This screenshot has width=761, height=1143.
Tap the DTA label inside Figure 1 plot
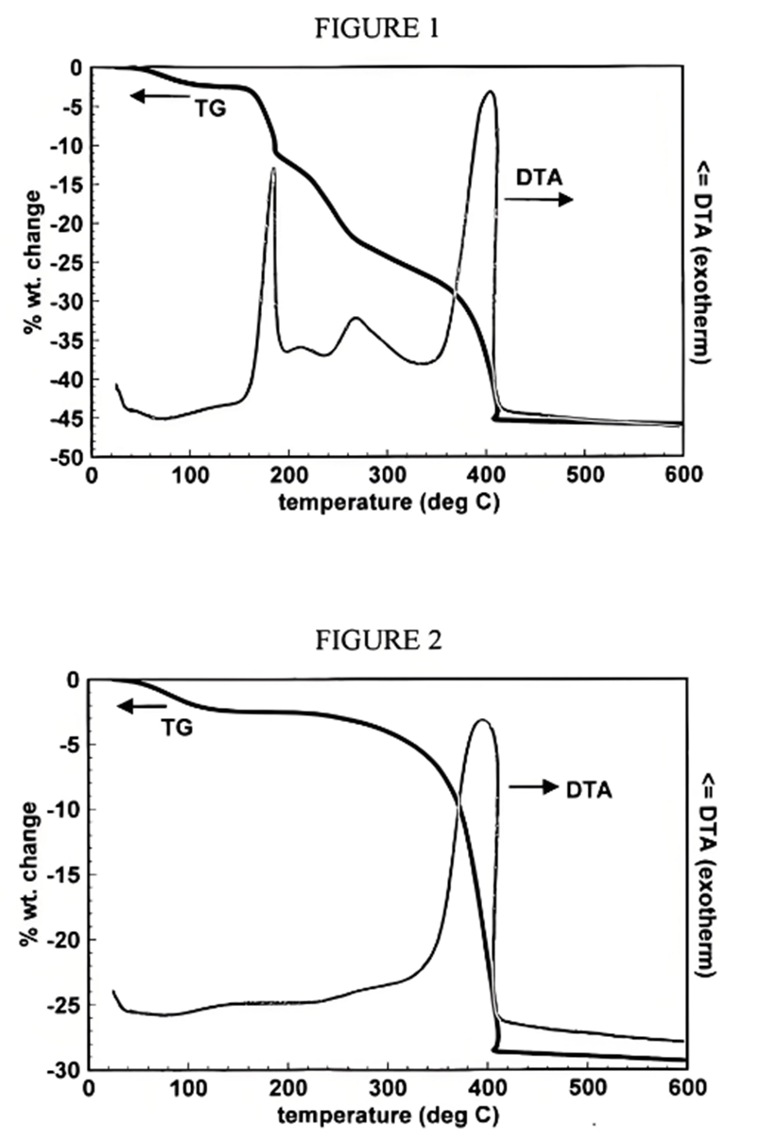point(536,176)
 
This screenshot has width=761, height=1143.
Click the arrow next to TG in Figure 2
point(140,706)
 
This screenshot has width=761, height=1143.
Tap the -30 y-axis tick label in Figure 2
point(67,1070)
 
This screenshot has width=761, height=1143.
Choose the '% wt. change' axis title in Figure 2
point(28,875)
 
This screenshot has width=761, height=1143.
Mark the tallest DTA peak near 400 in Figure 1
point(489,93)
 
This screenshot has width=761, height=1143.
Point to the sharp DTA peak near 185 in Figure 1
point(273,168)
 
